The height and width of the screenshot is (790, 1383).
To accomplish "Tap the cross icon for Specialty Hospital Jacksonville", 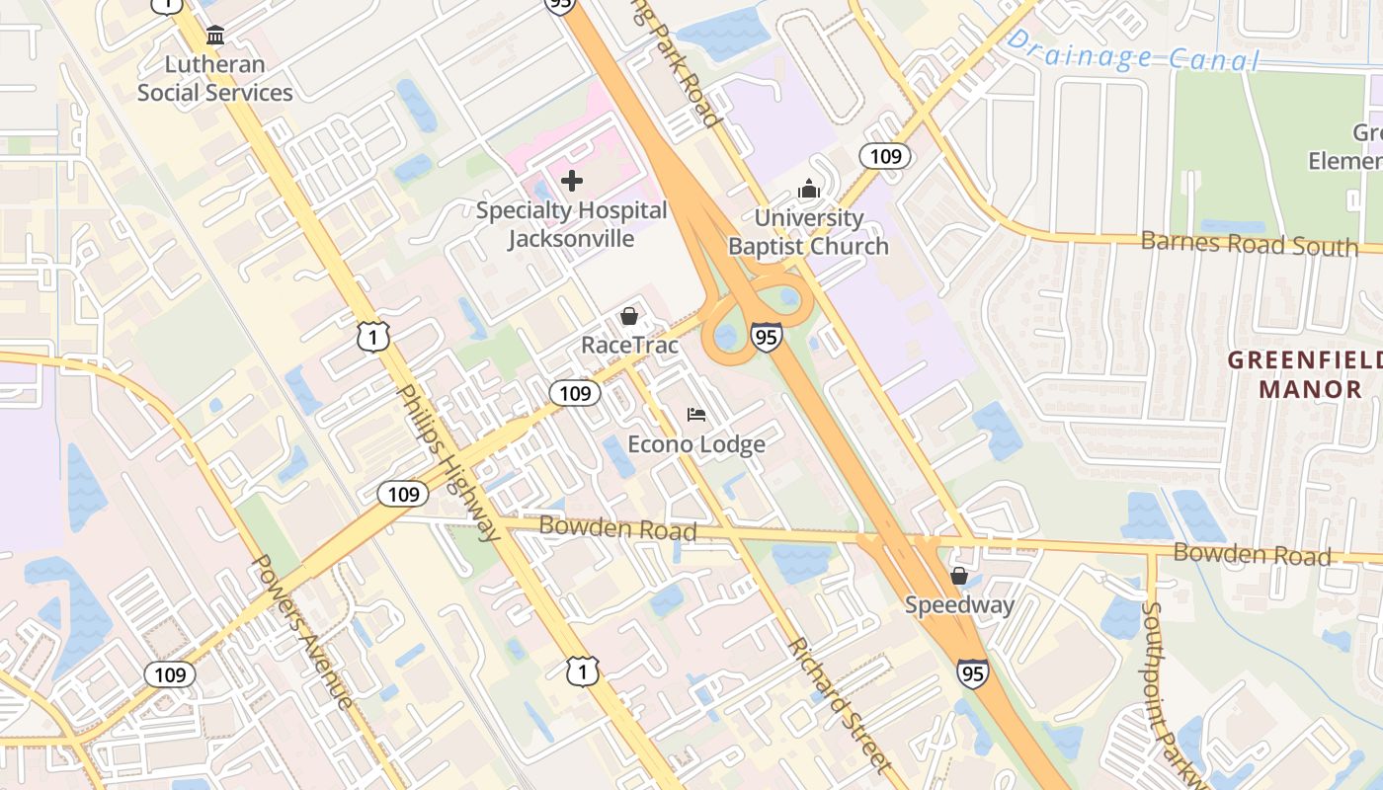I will pos(571,181).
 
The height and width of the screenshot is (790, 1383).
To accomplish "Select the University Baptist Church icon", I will pos(809,188).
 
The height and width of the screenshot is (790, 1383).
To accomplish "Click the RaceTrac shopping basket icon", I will pos(628,316).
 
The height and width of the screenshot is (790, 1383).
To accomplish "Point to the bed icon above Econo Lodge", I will pos(696,414).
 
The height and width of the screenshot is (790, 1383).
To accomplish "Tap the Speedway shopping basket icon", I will pos(958,575).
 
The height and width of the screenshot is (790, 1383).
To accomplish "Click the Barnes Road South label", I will pos(1250,243).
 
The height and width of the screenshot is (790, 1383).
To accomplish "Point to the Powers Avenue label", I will pos(302,632).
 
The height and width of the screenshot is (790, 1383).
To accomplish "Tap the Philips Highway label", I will pos(449,463).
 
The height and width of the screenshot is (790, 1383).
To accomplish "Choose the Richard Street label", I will pos(839,705).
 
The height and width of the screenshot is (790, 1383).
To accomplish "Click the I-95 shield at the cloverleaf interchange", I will pos(766,336).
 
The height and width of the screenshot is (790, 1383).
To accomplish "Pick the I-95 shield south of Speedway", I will pos(972,672).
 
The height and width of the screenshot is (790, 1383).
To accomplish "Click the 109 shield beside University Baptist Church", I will pos(884,155).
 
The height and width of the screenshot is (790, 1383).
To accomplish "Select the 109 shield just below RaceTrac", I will pos(575,393).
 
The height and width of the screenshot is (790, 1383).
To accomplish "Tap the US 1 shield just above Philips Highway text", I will pos(374,336).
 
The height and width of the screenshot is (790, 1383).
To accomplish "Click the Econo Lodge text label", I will pos(697,444).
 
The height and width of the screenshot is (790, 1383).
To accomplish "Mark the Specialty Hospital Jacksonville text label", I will pos(571,224).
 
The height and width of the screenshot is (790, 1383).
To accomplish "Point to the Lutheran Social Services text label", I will pos(215,79).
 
